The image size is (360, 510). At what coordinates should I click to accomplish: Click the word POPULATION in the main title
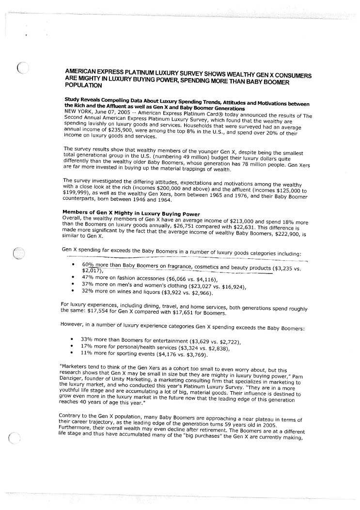click(x=83, y=85)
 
